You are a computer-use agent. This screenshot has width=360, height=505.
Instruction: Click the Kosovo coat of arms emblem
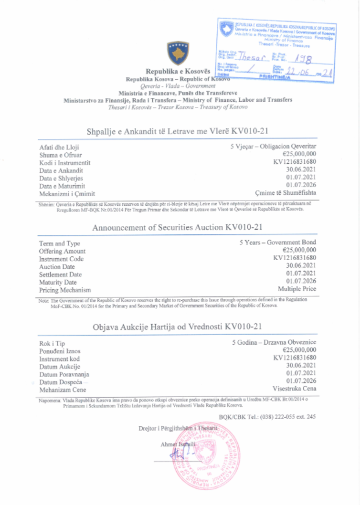[x=178, y=53]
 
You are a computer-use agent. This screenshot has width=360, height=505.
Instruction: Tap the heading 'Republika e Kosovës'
[x=178, y=71]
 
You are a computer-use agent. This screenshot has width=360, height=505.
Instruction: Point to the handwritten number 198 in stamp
[x=303, y=59]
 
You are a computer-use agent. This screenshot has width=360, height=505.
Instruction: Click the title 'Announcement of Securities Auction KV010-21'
[x=177, y=228]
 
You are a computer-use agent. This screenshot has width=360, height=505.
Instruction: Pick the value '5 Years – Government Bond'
[x=278, y=243]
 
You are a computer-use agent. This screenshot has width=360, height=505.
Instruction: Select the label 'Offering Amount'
[x=62, y=251]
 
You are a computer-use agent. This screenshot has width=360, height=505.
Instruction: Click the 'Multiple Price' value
[x=297, y=289]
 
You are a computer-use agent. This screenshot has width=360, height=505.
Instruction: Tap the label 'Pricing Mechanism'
[x=65, y=290]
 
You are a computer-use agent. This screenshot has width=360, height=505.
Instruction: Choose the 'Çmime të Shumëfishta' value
[x=285, y=193]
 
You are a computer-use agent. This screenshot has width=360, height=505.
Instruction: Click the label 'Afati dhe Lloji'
[x=59, y=148]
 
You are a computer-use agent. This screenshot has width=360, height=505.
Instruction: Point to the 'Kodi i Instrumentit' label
[x=65, y=163]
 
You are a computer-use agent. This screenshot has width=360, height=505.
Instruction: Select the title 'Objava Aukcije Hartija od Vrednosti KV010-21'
[x=177, y=327]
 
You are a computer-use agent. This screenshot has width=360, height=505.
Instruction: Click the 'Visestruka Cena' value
[x=294, y=388]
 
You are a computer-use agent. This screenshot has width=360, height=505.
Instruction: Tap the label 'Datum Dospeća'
[x=61, y=382]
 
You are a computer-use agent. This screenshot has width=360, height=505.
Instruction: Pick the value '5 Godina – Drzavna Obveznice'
[x=274, y=342]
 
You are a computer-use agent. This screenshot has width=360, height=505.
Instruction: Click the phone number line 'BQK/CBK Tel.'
[x=267, y=417]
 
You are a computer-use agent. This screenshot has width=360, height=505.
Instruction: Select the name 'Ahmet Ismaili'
[x=178, y=444]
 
